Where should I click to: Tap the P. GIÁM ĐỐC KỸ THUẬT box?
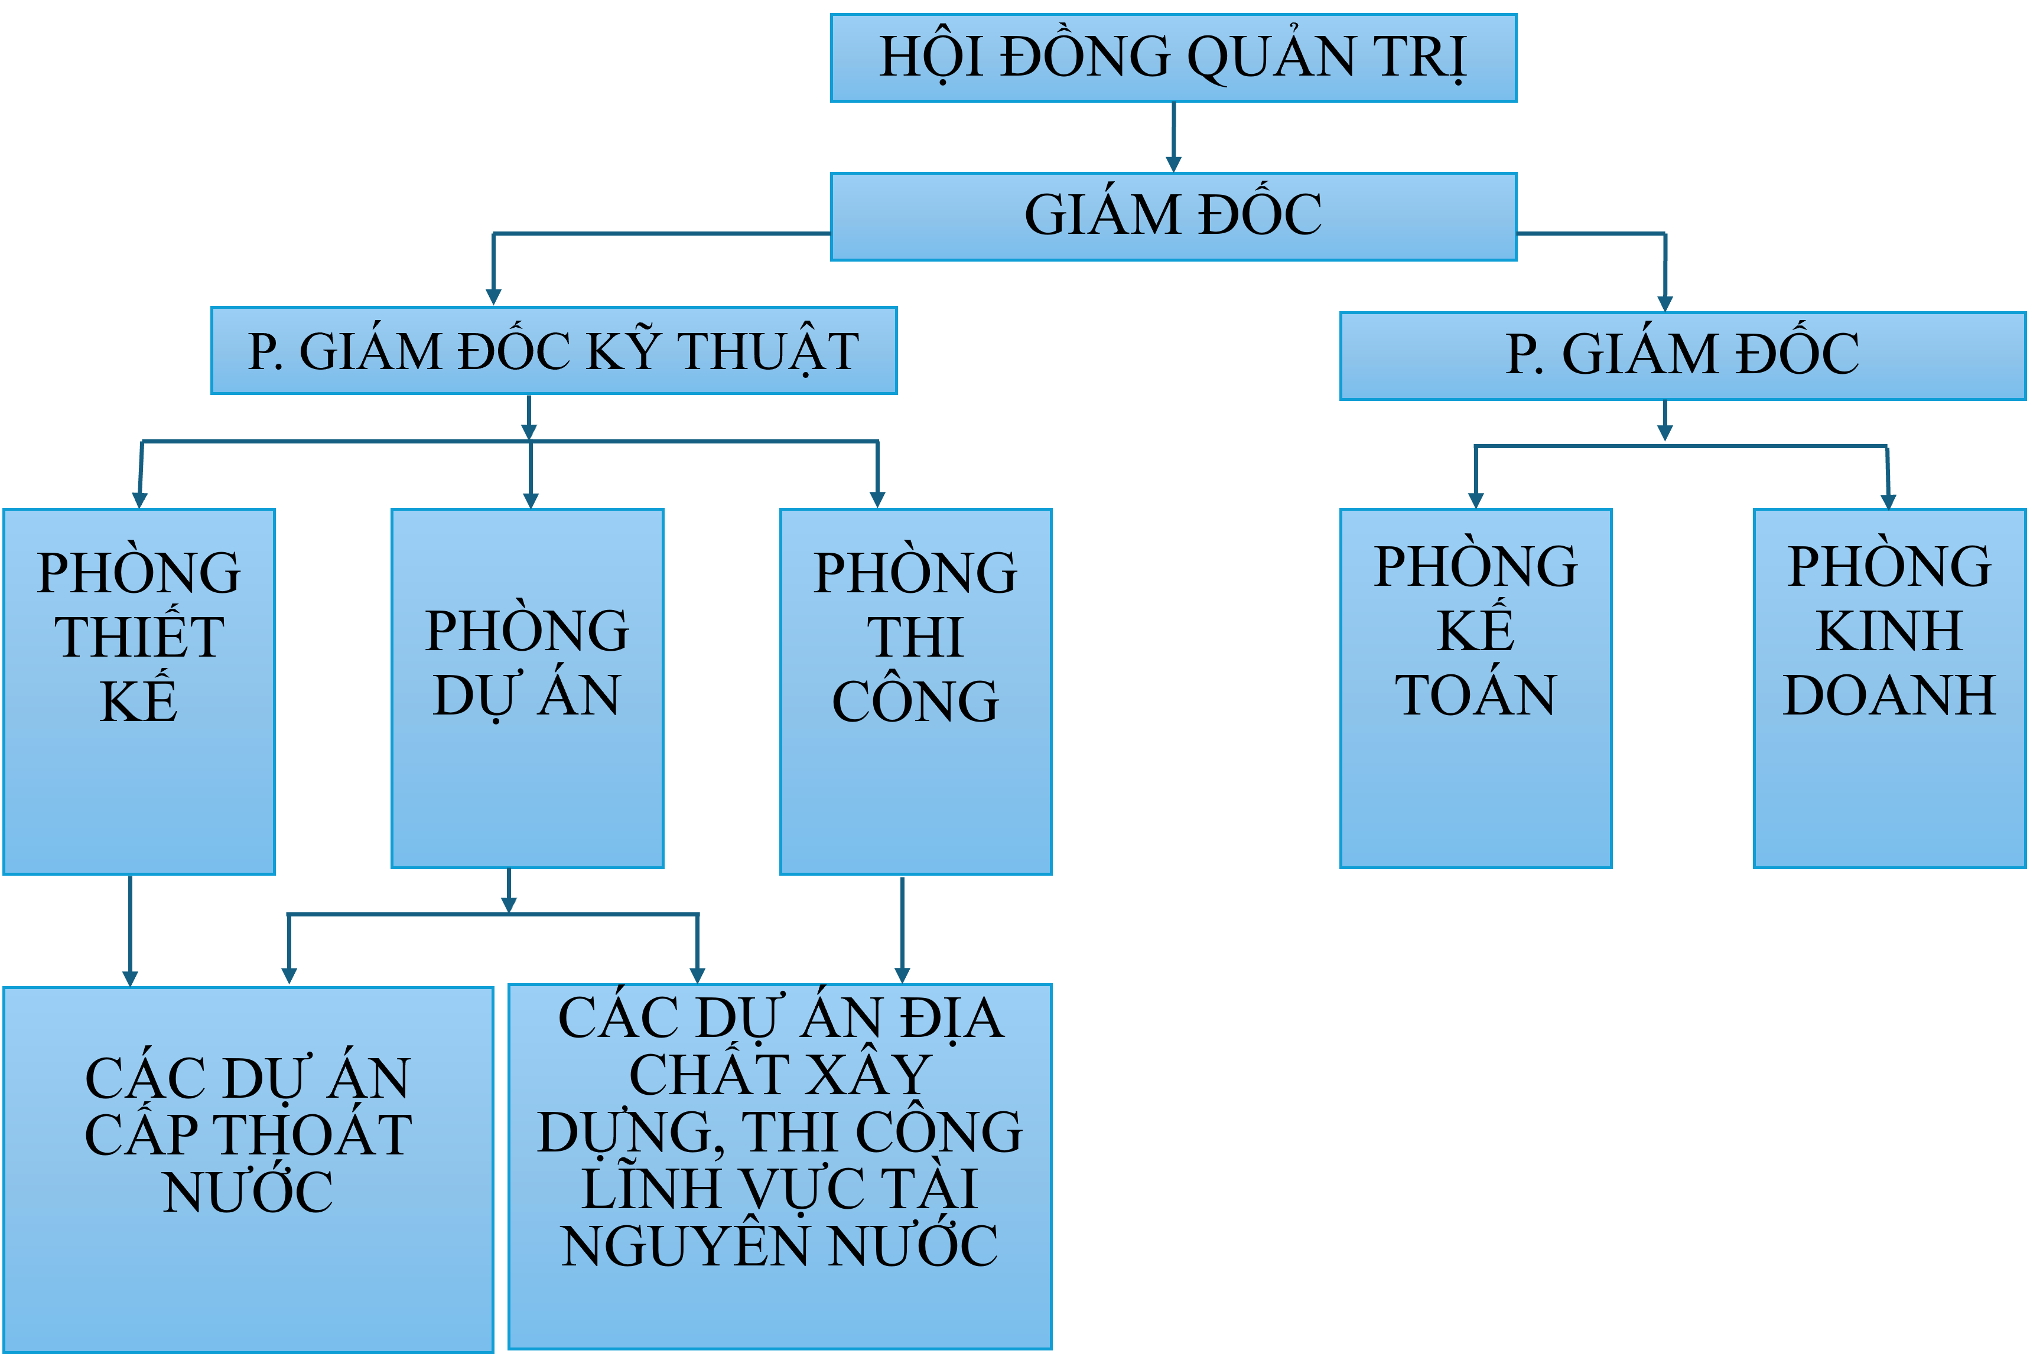click(553, 351)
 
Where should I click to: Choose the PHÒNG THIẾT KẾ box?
click(138, 691)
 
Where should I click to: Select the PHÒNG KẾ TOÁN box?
click(1475, 689)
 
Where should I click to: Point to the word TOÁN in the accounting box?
click(1475, 696)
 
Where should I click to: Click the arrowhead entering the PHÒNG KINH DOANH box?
click(1888, 501)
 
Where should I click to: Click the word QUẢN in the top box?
click(1270, 58)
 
